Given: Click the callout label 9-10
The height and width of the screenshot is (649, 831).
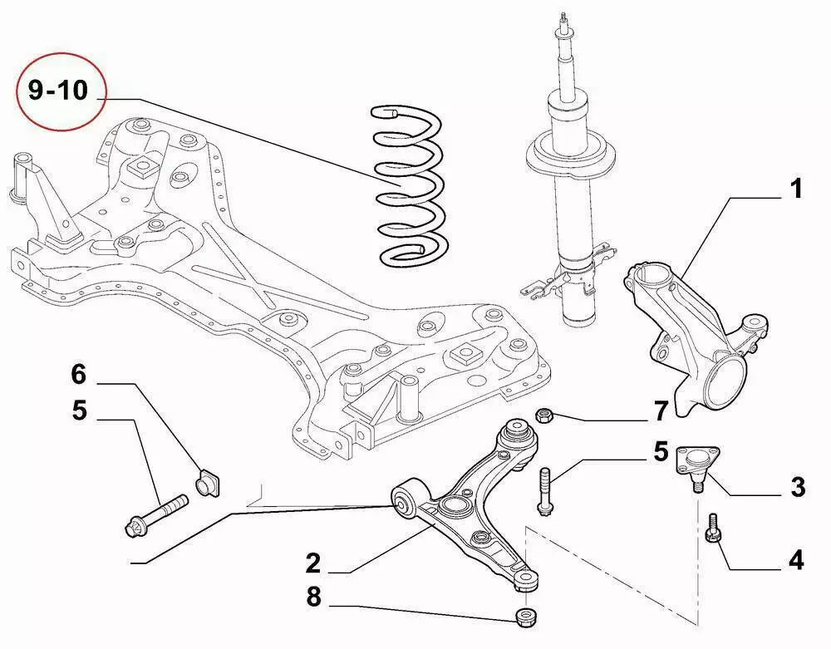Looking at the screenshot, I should coord(58,90).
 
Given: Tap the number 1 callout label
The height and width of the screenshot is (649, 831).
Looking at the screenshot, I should coord(795,189).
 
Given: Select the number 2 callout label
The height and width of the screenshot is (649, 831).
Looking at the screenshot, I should coord(312,564).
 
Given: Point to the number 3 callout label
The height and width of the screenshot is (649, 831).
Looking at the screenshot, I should coord(797,487).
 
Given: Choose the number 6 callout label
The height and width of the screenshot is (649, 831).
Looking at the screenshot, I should coord(78,375).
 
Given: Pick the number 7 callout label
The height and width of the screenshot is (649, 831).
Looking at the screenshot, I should coord(661,410).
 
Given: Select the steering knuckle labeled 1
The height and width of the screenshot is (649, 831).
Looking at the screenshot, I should coord(690,332).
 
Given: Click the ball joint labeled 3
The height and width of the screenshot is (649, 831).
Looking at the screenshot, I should coord(696,465).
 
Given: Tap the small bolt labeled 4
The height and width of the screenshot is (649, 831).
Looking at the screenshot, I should coord(712,529).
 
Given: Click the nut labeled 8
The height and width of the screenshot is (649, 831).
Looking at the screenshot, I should coord(524,617).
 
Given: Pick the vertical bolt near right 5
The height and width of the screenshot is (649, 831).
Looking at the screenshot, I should coord(544,492).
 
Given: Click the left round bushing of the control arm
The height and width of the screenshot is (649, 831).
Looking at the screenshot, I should coord(405,502).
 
